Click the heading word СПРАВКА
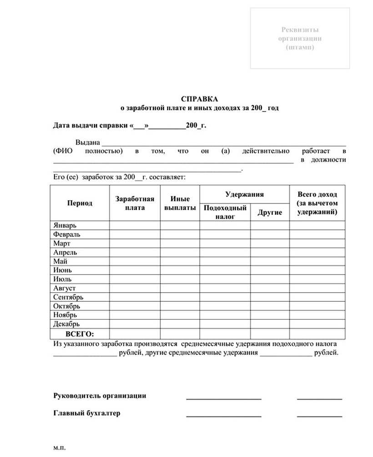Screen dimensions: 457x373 [199, 99]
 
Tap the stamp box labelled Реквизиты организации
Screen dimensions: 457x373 [300, 38]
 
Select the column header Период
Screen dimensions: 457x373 [80, 203]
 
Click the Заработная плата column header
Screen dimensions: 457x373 [135, 203]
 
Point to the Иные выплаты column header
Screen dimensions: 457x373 [180, 203]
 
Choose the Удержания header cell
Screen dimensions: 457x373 [244, 194]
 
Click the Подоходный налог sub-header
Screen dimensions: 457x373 [225, 212]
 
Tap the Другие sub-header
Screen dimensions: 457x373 [270, 213]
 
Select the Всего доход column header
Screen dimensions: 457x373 [317, 203]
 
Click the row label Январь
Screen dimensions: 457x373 [65, 225]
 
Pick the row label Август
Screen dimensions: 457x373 [65, 288]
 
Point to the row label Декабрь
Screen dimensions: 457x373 [66, 324]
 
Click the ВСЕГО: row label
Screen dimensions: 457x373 [79, 333]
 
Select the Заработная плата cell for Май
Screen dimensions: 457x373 [135, 261]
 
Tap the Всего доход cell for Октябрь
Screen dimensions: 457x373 [317, 306]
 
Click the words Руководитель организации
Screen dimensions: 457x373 [100, 396]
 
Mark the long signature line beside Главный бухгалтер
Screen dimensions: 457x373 [224, 415]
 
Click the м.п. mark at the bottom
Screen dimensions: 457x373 [59, 448]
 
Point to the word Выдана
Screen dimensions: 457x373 [87, 142]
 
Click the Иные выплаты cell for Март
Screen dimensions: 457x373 [180, 244]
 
